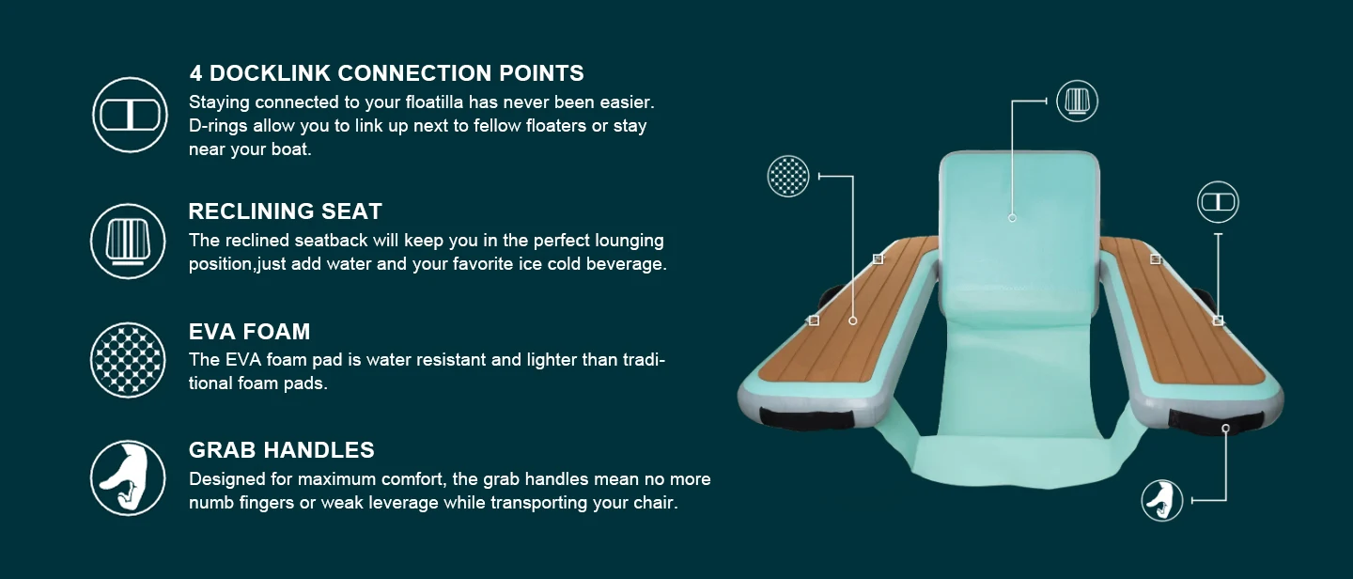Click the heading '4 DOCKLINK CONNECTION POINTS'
tap(386, 73)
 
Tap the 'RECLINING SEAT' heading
tap(285, 211)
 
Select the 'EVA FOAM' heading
tap(249, 331)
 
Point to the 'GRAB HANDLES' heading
tap(281, 449)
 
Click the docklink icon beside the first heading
tap(130, 115)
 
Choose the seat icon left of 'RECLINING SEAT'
tap(129, 242)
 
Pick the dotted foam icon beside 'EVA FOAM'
tap(129, 360)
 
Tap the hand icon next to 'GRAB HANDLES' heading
tap(129, 477)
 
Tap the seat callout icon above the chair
tap(1077, 101)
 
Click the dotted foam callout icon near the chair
tap(788, 176)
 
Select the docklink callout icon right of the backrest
tap(1218, 202)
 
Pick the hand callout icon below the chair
tap(1162, 500)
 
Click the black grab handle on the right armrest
tap(1216, 422)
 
